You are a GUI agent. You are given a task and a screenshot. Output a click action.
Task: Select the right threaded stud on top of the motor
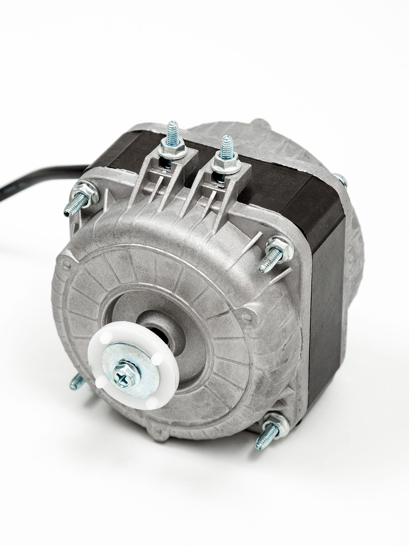click(227, 147)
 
